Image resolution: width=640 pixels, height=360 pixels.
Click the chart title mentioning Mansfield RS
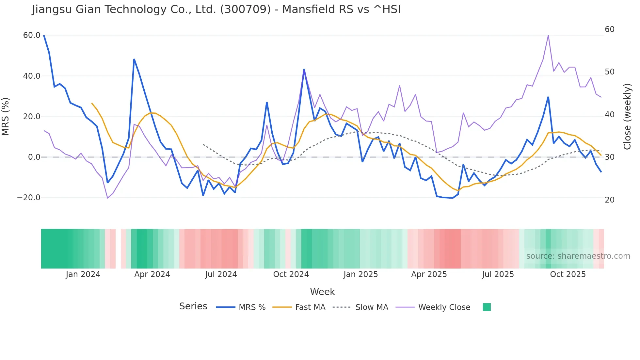pos(216,9)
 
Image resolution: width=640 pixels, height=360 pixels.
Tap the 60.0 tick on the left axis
pos(32,35)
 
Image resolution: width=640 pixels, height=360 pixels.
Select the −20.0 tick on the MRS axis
pos(29,198)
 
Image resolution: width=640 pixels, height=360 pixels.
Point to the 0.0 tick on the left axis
pos(34,157)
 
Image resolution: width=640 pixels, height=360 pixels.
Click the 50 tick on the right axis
pos(610,72)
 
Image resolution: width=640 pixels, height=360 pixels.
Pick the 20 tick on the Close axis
pos(610,200)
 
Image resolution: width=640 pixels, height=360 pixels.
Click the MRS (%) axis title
pos(6,116)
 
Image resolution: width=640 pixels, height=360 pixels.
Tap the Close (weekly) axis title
pos(627,116)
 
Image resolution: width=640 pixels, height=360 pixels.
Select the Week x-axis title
pos(322,292)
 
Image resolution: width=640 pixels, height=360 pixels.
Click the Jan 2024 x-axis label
pos(83,274)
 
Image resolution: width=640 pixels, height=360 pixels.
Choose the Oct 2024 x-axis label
pos(291,274)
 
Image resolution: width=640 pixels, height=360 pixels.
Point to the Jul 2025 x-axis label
pos(498,274)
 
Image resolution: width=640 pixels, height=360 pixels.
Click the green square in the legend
pos(487,307)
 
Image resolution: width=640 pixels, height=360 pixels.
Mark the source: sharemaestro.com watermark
pos(578,256)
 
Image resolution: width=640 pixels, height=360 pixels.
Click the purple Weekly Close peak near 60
pos(548,35)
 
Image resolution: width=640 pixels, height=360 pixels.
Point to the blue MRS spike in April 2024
pos(134,59)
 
